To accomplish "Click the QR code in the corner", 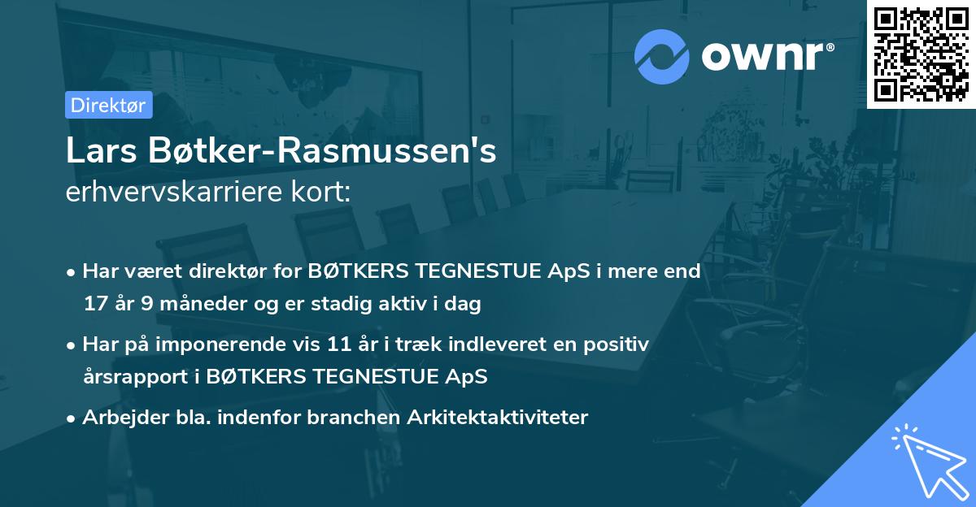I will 921,54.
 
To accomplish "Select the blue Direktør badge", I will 108,105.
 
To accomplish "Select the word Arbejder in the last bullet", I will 119,418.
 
